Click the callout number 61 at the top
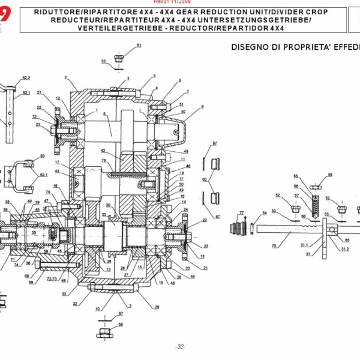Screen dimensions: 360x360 pyautogui.click(x=139, y=46)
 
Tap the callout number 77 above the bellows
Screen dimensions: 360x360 pyautogui.click(x=241, y=213)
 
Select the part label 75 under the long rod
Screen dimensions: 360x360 pyautogui.click(x=274, y=245)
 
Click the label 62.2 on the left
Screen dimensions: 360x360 pyautogui.click(x=26, y=78)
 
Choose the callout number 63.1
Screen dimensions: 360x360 pyautogui.click(x=43, y=175)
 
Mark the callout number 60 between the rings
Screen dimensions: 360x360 pyautogui.click(x=204, y=179)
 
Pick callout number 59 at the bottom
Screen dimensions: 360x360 pyautogui.click(x=120, y=325)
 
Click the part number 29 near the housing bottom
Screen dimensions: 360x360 pyautogui.click(x=157, y=307)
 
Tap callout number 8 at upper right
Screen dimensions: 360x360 pyautogui.click(x=203, y=107)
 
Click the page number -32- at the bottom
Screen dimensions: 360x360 pyautogui.click(x=180, y=347)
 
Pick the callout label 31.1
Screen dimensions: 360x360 pyautogui.click(x=304, y=245)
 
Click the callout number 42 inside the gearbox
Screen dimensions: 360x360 pyautogui.click(x=103, y=151)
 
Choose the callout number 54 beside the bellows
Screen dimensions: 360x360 pyautogui.click(x=265, y=214)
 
